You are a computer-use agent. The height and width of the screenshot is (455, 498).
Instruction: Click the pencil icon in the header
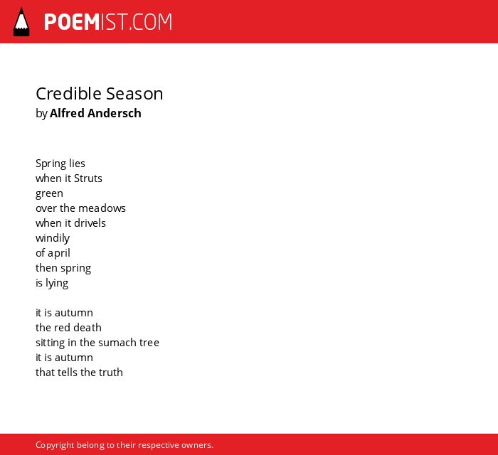[x=21, y=21]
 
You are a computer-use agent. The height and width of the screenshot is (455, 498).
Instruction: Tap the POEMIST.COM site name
[x=108, y=22]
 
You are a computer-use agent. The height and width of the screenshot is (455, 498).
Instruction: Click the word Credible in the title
[x=68, y=94]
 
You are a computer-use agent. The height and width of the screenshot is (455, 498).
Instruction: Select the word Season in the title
[x=134, y=94]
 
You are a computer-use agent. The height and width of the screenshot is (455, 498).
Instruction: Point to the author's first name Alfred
[x=67, y=113]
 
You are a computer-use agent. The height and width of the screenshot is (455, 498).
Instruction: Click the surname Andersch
[x=115, y=113]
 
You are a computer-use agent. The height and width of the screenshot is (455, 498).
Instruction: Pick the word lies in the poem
[x=77, y=163]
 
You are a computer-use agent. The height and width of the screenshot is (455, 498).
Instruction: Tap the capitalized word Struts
[x=88, y=178]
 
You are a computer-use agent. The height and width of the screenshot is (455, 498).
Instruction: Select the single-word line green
[x=49, y=194]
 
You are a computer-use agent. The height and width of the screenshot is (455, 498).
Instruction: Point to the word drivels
[x=90, y=223]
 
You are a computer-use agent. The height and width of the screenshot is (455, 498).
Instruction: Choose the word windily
[x=53, y=238]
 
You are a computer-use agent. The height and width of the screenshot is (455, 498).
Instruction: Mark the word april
[x=59, y=253]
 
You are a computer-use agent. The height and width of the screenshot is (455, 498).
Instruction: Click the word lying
[x=57, y=283]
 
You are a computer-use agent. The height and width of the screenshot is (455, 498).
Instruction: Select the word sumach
[x=117, y=343]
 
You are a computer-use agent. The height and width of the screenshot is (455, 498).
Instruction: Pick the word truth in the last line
[x=111, y=373]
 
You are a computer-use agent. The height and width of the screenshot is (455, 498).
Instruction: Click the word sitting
[x=51, y=343]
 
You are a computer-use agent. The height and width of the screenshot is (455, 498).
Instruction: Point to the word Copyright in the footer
[x=55, y=445]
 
